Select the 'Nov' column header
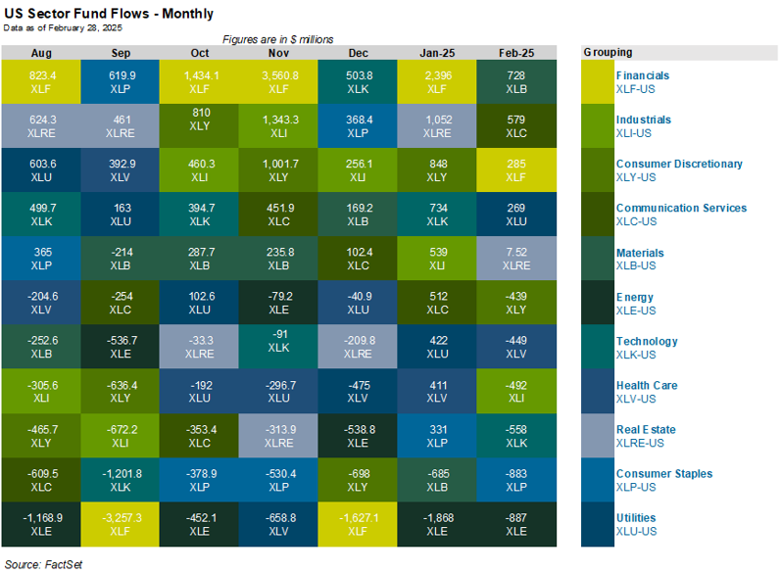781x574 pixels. pos(279,52)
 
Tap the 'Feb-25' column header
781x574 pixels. pos(516,52)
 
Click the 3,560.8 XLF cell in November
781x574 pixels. pos(279,81)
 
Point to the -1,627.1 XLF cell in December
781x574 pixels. pos(358,523)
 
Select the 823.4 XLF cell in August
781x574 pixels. pos(41,81)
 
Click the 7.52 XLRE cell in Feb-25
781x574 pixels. pos(516,259)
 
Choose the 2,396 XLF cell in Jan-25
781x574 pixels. pos(437,81)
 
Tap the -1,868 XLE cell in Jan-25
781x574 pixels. pos(437,523)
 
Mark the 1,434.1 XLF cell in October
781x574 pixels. pos(200,81)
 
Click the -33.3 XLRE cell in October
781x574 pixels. pos(200,347)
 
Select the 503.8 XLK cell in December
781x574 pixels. pos(358,81)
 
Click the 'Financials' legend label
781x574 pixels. pos(643,75)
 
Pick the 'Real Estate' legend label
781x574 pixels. pos(645,429)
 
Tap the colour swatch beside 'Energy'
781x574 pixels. pos(596,303)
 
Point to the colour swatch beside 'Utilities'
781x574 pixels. pos(596,524)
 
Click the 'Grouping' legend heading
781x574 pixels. pos(608,52)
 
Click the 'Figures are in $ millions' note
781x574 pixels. pos(278,39)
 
